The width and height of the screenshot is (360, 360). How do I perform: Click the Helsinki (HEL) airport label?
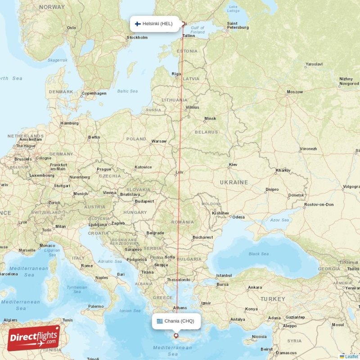click(x=157, y=24)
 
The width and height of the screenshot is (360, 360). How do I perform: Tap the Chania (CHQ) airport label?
click(x=179, y=321)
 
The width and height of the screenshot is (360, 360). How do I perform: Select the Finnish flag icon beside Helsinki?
click(x=138, y=24)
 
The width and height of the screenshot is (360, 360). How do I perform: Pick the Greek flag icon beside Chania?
click(x=159, y=321)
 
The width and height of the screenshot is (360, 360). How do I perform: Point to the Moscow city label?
click(x=295, y=92)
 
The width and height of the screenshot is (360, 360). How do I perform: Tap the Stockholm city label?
click(x=137, y=38)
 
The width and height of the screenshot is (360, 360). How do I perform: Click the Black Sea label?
click(x=259, y=254)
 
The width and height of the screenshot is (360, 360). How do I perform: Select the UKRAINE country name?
click(x=234, y=182)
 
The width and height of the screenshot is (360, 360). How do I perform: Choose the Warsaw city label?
click(x=159, y=141)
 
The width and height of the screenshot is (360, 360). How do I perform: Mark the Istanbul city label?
click(x=224, y=275)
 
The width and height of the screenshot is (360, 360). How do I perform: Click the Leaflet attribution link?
click(x=351, y=356)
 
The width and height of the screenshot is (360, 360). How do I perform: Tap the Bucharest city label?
click(x=202, y=237)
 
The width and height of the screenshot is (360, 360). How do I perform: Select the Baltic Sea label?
click(x=127, y=91)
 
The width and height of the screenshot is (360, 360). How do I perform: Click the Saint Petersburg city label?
click(x=238, y=26)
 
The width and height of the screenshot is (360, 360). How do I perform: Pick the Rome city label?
click(x=87, y=265)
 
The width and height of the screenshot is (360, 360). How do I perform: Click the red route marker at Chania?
click(x=176, y=336)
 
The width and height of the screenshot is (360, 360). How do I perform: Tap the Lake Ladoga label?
click(x=233, y=9)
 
